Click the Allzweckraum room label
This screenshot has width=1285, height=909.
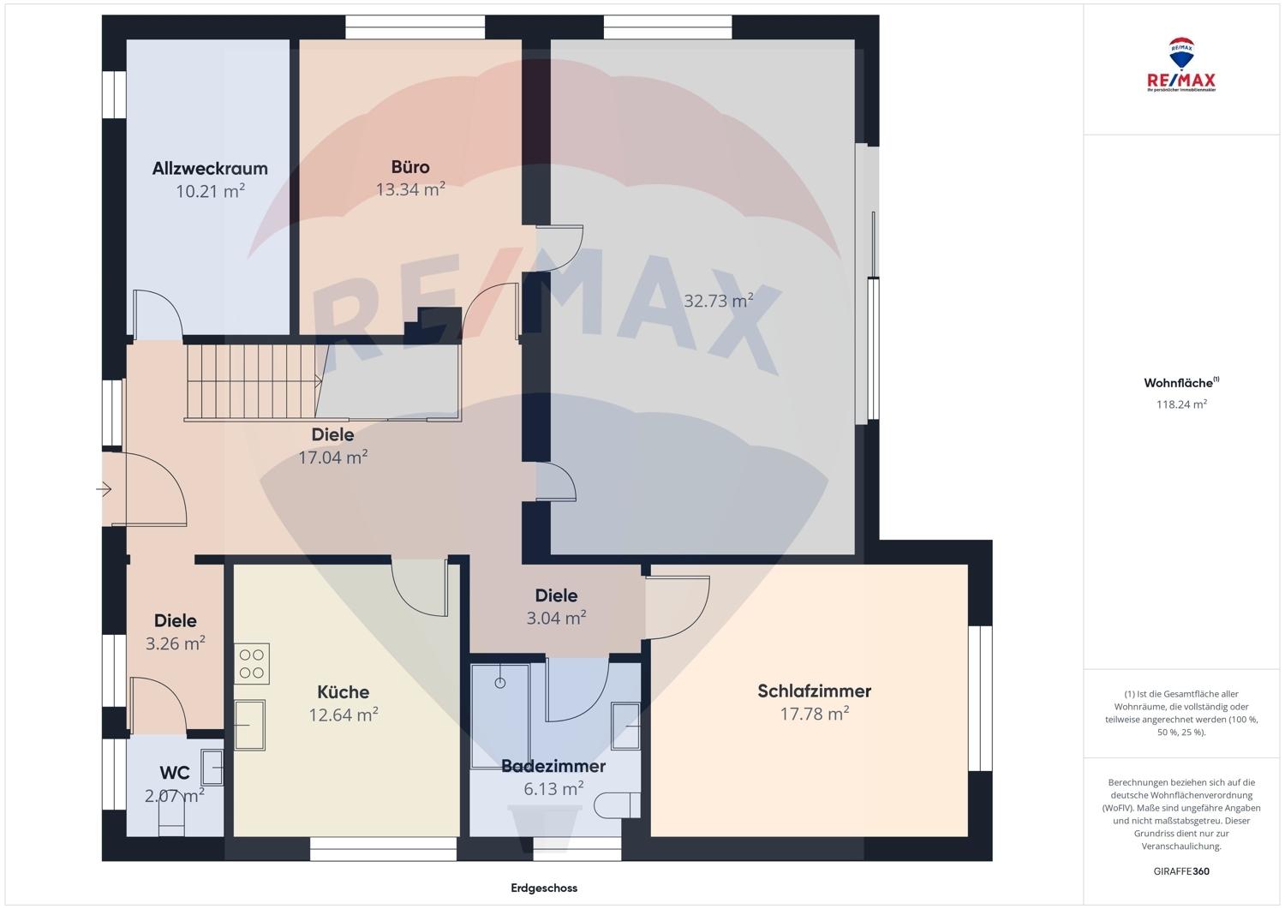click(210, 169)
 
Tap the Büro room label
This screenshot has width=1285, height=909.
click(410, 167)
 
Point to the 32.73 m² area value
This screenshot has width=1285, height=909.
click(718, 301)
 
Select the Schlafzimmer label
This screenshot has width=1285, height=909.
click(814, 691)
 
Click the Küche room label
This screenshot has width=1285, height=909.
click(343, 692)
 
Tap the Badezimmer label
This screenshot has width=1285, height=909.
click(553, 766)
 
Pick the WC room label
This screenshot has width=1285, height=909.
click(175, 773)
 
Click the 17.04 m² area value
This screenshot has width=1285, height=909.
click(332, 457)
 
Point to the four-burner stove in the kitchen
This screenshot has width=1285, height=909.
click(251, 663)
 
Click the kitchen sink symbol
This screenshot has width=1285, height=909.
click(249, 725)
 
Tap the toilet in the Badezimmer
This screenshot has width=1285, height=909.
click(617, 805)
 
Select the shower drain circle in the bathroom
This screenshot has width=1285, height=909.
click(500, 683)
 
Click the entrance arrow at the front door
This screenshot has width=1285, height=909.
click(104, 489)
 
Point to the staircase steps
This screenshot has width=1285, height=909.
click(251, 381)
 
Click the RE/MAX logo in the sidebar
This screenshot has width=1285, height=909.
click(1181, 65)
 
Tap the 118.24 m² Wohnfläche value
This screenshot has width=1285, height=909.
click(1181, 404)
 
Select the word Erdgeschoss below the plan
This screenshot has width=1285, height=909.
click(544, 888)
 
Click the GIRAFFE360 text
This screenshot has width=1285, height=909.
click(1181, 871)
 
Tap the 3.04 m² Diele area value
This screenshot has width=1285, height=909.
click(556, 618)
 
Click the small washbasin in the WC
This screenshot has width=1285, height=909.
click(212, 768)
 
